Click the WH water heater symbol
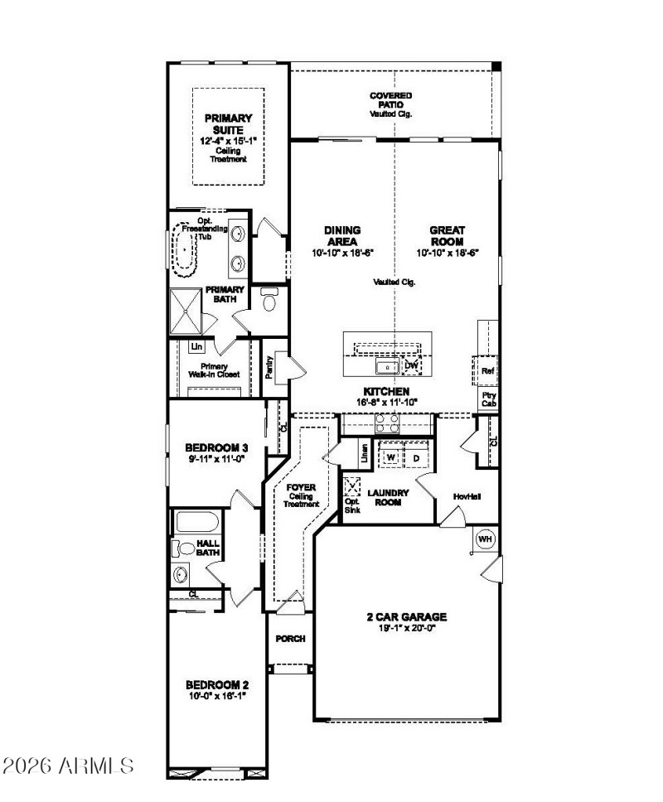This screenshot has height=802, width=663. coord(485,539)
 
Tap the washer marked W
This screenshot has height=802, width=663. coord(390,457)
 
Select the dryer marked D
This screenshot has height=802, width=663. coord(415,457)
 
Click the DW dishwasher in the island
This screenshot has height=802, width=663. coord(411,365)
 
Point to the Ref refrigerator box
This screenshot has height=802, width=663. coord(488,370)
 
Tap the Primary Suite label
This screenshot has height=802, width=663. coord(228,123)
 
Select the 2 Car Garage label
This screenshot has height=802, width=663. coord(406,616)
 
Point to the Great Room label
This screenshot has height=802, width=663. coord(448,234)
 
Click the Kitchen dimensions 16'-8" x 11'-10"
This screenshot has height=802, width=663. coord(386,402)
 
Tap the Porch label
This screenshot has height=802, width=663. coord(290,639)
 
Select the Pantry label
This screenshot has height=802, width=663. coord(269,368)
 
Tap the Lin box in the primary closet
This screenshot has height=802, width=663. coord(196,346)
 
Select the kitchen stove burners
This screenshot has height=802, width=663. coord(387,423)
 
